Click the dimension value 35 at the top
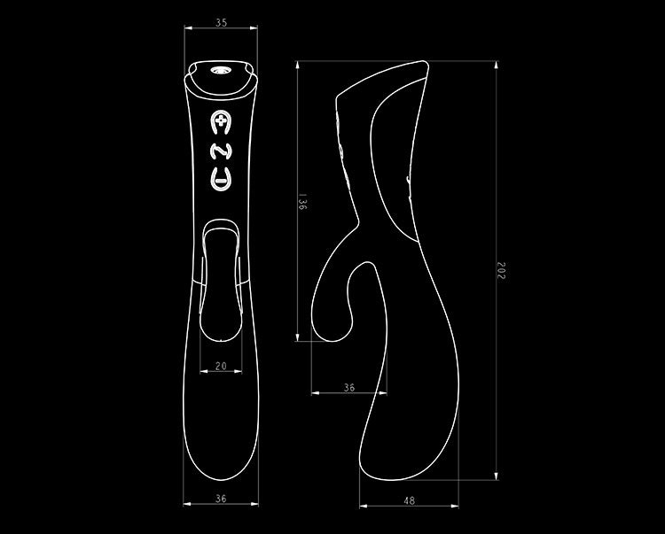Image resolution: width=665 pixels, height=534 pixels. point(220,23)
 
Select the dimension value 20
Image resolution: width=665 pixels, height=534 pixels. point(220,366)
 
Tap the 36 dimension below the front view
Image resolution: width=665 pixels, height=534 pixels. point(220,499)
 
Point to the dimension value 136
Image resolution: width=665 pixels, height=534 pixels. point(302,203)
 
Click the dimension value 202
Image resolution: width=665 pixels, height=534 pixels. point(500,271)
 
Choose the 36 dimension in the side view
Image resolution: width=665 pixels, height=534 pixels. point(348,386)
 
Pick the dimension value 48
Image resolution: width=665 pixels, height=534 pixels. point(409,500)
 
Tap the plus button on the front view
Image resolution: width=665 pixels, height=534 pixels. point(220,122)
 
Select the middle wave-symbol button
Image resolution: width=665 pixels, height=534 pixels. point(220,151)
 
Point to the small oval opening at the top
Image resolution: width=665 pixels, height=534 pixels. point(220,69)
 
